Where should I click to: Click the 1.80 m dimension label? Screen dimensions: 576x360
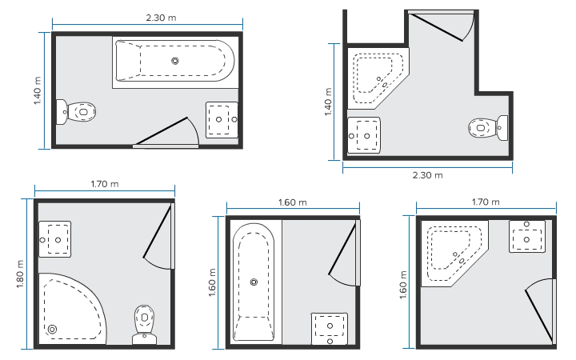(20, 274)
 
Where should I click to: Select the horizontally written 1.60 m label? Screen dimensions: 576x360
(293, 202)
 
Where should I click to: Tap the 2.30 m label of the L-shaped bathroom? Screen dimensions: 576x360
(427, 175)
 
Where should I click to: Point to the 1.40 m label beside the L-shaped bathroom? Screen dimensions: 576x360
(328, 102)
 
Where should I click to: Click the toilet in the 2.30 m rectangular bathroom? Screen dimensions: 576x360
(76, 112)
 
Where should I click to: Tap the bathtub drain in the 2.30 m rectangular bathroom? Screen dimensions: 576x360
(175, 61)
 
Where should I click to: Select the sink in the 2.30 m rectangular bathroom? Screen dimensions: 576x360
(222, 120)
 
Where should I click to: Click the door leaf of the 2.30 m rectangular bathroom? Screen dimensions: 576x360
(162, 130)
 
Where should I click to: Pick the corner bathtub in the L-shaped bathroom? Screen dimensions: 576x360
(378, 78)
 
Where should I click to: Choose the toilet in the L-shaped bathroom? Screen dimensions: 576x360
(488, 128)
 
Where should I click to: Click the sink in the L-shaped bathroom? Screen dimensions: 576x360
(364, 135)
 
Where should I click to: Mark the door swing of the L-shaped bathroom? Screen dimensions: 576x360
(469, 27)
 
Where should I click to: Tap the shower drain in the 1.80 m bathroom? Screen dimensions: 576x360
(53, 329)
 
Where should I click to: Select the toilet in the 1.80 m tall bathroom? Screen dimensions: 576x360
(144, 325)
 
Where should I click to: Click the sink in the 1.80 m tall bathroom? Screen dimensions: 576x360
(54, 239)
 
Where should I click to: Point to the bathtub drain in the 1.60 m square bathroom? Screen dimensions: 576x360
(254, 282)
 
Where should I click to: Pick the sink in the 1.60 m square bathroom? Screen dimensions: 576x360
(330, 329)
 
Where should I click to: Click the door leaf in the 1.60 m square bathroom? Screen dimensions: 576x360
(342, 249)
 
